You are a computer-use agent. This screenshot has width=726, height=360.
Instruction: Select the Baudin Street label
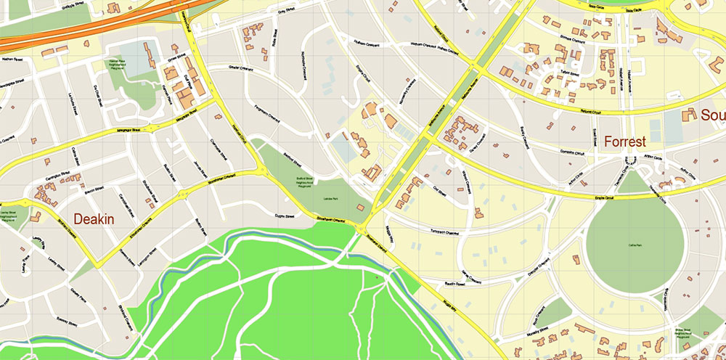(x=454, y=285)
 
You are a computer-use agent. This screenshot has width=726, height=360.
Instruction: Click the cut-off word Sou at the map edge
(x=711, y=115)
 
